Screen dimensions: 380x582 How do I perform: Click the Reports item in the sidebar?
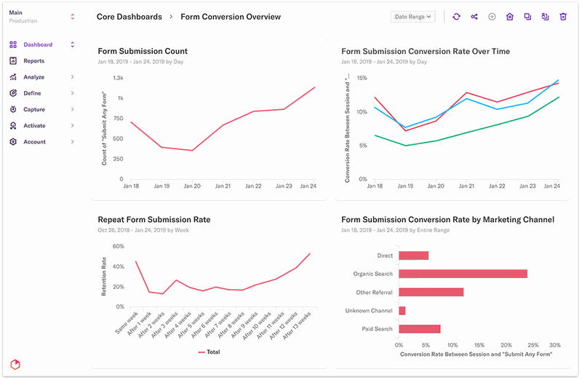[33, 61]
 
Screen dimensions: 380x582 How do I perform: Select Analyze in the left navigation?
[33, 77]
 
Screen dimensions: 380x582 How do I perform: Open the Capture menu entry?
[33, 109]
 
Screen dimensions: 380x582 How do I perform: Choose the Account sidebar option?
[33, 142]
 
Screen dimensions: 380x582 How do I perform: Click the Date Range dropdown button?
[413, 16]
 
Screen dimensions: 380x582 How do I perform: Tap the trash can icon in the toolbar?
[562, 17]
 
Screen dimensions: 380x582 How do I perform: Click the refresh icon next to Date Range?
[456, 17]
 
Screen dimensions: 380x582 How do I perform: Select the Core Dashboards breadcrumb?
[129, 17]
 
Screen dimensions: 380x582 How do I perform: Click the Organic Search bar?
[463, 274]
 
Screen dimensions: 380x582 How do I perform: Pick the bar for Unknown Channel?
[402, 311]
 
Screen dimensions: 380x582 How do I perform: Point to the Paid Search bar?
[419, 329]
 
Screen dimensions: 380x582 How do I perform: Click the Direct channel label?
[385, 256]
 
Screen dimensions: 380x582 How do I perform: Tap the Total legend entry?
[212, 352]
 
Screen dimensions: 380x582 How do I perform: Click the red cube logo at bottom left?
[15, 363]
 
